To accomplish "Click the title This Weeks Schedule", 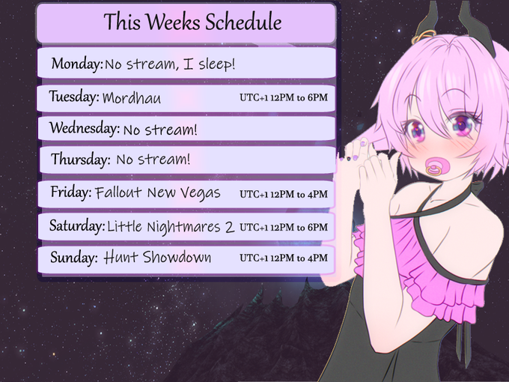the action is (x=193, y=22).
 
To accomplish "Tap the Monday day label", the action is (x=77, y=64).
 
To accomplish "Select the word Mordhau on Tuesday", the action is (x=132, y=97).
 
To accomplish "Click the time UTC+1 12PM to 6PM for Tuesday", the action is (x=284, y=97).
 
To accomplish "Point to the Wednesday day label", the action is (x=85, y=128).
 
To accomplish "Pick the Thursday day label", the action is (x=81, y=159).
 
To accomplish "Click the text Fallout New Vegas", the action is (x=158, y=193).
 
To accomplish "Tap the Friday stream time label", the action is (x=284, y=194).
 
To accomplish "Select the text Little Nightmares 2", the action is (x=171, y=227).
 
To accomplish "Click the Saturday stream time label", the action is (x=284, y=227).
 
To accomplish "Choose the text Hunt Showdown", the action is (x=157, y=257).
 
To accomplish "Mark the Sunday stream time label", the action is (x=284, y=258).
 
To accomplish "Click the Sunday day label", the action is (x=73, y=258).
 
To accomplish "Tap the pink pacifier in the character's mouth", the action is (x=436, y=166).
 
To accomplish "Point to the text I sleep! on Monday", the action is (x=209, y=64).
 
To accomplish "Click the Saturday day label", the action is (x=77, y=225).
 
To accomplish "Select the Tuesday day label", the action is (x=74, y=97).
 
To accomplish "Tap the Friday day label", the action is (x=71, y=192).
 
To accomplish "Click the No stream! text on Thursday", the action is (x=153, y=160).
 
